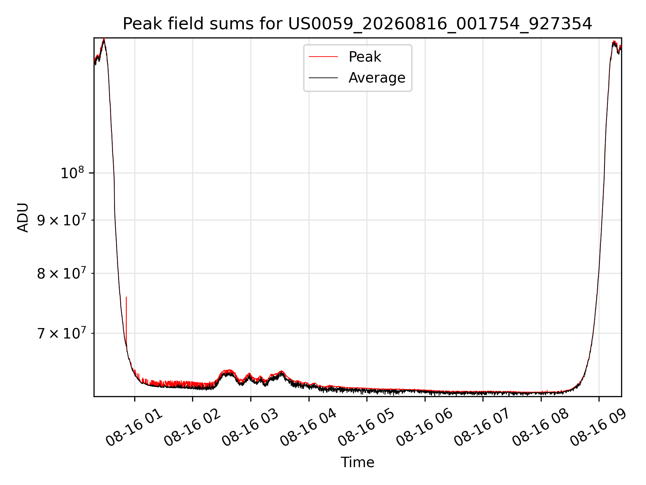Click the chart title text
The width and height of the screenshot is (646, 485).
click(x=357, y=24)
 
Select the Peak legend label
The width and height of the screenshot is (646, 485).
click(x=365, y=57)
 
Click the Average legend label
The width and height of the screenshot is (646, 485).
click(x=377, y=78)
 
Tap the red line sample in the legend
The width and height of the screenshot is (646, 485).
click(x=323, y=57)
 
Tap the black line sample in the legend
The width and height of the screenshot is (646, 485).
click(x=323, y=78)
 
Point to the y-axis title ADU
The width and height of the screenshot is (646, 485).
click(x=23, y=218)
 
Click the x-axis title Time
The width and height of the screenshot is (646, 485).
click(x=357, y=462)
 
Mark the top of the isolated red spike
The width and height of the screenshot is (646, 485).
click(x=126, y=297)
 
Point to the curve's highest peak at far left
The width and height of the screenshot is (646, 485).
click(x=104, y=39)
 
